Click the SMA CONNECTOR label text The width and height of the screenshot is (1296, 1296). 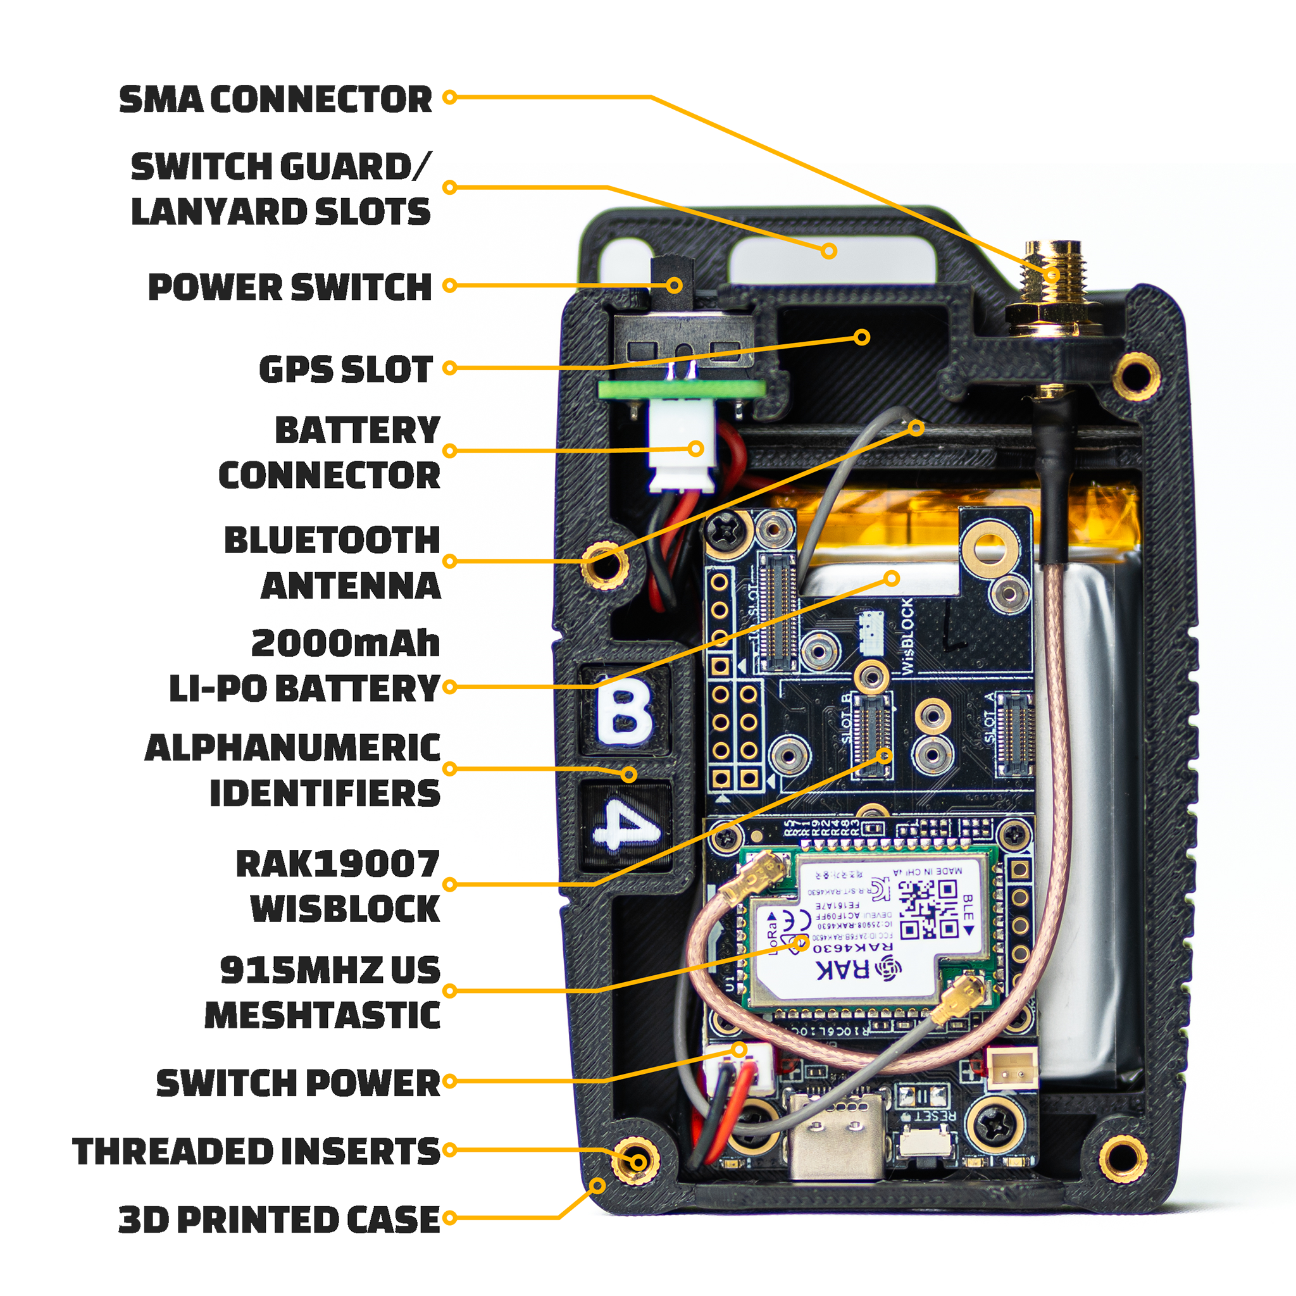[x=276, y=99]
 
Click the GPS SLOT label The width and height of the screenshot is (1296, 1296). [x=346, y=370]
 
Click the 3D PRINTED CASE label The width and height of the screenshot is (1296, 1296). [x=279, y=1219]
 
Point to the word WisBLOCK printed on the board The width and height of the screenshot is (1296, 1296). [x=906, y=637]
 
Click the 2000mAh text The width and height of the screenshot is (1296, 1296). [x=346, y=644]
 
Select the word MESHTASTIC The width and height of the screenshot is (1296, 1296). [x=322, y=1015]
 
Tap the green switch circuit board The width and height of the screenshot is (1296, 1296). [x=681, y=389]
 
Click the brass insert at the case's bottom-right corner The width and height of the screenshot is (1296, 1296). [x=1124, y=1158]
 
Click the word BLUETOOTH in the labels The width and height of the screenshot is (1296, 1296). [x=332, y=540]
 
